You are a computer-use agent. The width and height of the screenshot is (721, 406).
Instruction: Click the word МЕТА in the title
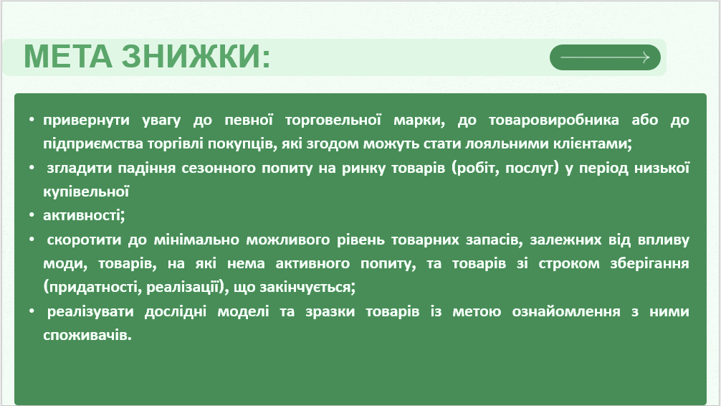point(68,57)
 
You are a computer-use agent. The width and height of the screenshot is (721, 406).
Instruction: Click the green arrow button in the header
point(605,57)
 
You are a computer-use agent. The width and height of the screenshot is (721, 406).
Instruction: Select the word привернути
point(87,121)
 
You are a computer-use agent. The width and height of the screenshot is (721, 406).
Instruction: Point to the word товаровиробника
point(553,121)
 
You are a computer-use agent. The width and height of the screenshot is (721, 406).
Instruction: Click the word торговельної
point(333,121)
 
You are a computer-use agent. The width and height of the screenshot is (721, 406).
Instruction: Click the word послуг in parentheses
point(531,169)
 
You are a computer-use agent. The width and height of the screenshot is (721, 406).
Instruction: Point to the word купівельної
point(86,192)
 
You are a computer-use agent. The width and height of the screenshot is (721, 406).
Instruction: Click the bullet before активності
point(32,215)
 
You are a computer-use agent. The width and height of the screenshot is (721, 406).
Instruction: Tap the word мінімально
point(196,240)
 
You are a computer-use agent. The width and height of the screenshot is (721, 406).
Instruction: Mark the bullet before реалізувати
point(32,311)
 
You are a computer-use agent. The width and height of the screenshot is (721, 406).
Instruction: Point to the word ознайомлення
point(566,311)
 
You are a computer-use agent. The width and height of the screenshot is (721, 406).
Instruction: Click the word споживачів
point(87,335)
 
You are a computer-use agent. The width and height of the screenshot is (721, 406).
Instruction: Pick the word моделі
point(243,311)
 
